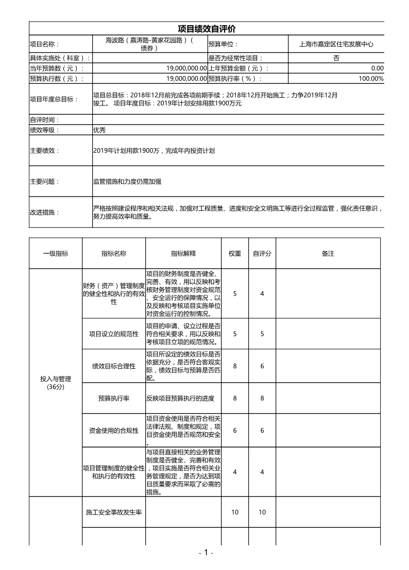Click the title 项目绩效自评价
pyautogui.click(x=207, y=29)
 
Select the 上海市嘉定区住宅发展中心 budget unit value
pyautogui.click(x=336, y=44)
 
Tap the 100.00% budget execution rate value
pyautogui.click(x=371, y=79)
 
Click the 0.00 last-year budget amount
pyautogui.click(x=377, y=68)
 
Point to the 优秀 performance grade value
pyautogui.click(x=99, y=130)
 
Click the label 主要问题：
pyautogui.click(x=45, y=182)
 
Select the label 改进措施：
pyautogui.click(x=45, y=212)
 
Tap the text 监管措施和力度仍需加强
pyautogui.click(x=127, y=182)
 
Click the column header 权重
pyautogui.click(x=235, y=254)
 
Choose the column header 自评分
pyautogui.click(x=262, y=254)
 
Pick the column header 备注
pyautogui.click(x=328, y=254)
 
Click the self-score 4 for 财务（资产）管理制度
pyautogui.click(x=262, y=294)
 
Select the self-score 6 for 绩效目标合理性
pyautogui.click(x=262, y=366)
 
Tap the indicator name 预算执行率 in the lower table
pyautogui.click(x=114, y=398)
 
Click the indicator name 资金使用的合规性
pyautogui.click(x=114, y=431)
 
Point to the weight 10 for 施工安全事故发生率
pyautogui.click(x=235, y=512)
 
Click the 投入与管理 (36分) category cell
pyautogui.click(x=56, y=383)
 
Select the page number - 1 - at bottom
pyautogui.click(x=206, y=553)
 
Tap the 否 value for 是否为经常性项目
pyautogui.click(x=336, y=58)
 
